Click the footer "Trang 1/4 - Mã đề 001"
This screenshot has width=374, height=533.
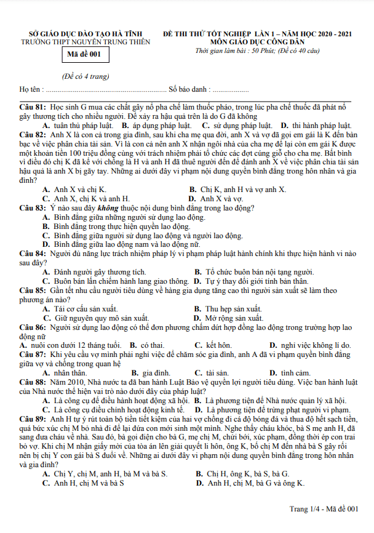pos(324,508)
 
